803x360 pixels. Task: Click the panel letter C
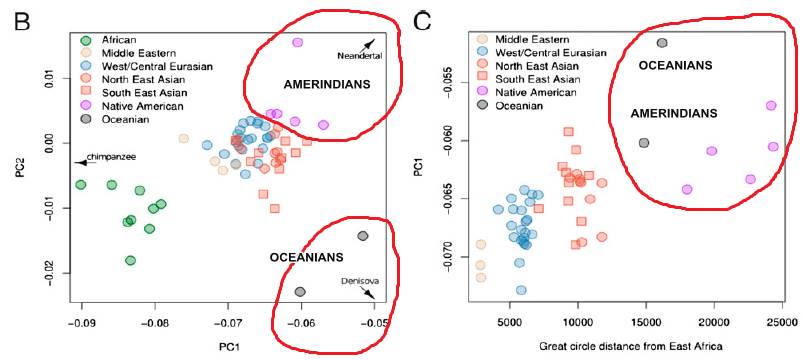(x=422, y=18)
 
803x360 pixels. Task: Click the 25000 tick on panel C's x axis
(x=781, y=323)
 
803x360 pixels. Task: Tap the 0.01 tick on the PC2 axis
(x=37, y=76)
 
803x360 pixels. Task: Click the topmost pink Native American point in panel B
(x=297, y=43)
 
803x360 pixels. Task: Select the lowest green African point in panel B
(x=130, y=260)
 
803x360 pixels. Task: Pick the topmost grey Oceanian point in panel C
(x=661, y=43)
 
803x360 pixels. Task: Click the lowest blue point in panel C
(x=521, y=290)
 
